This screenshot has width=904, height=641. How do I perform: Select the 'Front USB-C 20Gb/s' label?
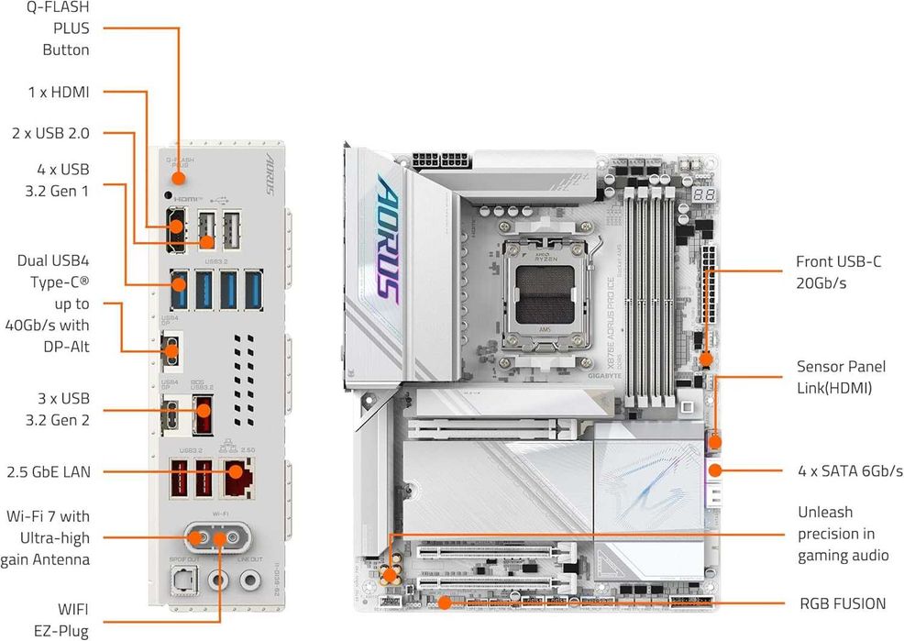(839, 272)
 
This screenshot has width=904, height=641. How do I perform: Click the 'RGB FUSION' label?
(842, 603)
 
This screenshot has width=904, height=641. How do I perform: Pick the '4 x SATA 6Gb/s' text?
(850, 471)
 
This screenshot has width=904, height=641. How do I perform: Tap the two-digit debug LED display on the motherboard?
(703, 196)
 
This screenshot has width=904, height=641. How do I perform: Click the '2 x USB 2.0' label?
(50, 133)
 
